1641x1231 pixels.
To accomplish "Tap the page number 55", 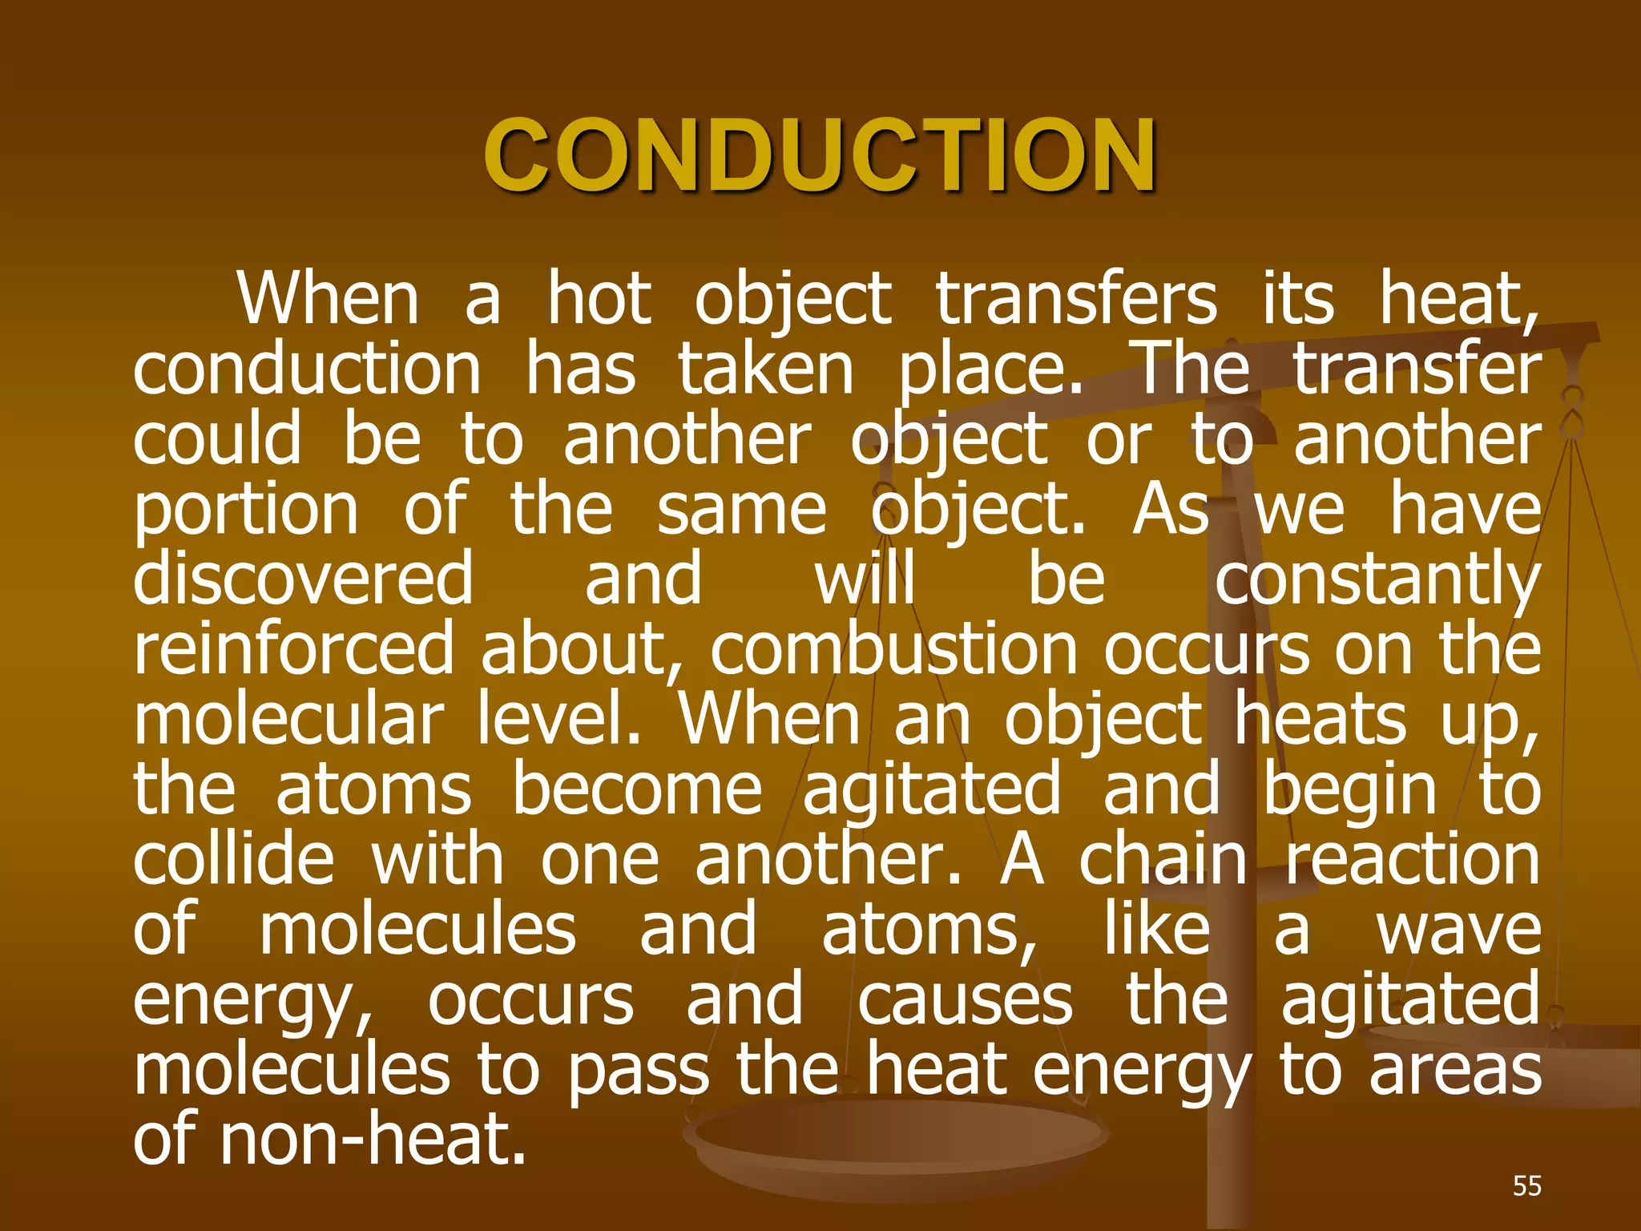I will (1526, 1185).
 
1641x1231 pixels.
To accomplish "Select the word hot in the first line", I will (599, 300).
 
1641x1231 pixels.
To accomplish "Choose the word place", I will (990, 371).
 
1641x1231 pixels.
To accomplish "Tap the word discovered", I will (304, 579).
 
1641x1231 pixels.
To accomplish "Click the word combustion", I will (893, 649).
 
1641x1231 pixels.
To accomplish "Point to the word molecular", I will (288, 719).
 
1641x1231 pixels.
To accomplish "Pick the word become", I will (637, 789).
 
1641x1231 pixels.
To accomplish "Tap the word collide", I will (233, 859).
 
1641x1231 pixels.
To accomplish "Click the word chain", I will (1163, 859).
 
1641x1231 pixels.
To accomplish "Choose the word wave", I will (1458, 930).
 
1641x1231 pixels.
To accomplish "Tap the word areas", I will (1455, 1071).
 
